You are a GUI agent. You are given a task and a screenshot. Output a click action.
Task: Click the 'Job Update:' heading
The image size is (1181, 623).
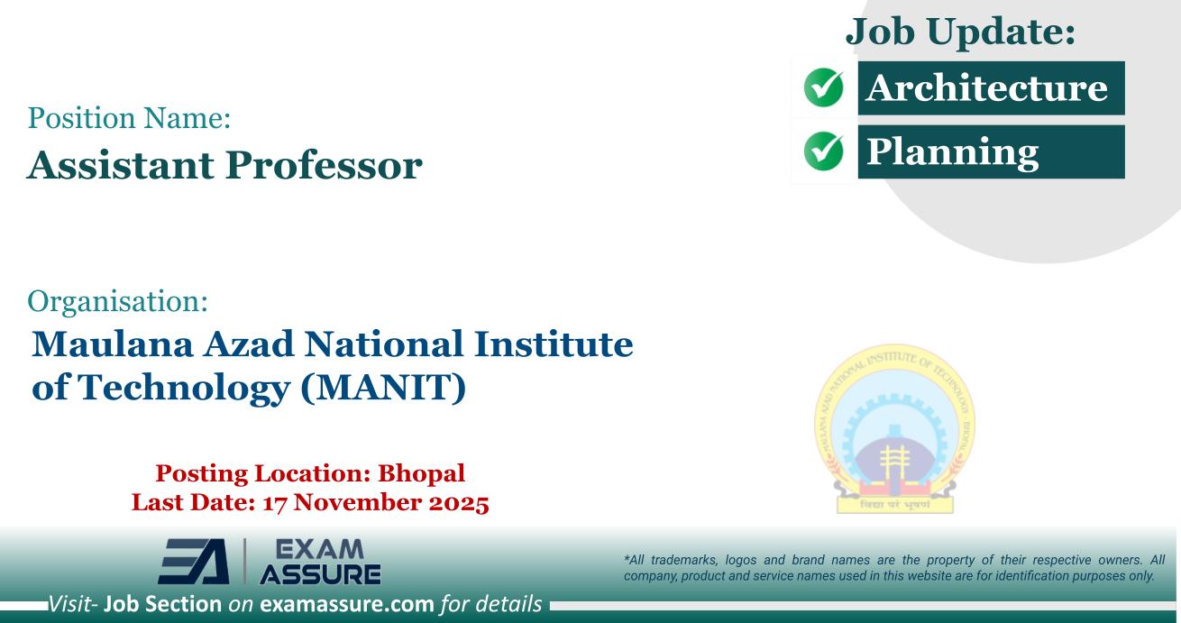[961, 32]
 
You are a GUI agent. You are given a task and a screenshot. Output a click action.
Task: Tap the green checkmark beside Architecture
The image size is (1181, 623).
[821, 89]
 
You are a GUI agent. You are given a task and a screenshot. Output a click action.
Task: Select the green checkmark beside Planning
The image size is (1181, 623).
[821, 151]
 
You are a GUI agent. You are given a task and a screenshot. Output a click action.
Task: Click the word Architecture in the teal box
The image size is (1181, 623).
[986, 88]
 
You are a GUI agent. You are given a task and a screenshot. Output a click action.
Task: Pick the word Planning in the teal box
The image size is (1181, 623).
[952, 151]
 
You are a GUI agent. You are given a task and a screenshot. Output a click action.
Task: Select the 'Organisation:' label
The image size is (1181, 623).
[119, 301]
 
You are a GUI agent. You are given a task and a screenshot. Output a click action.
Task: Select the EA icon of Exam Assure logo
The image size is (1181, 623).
[195, 561]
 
